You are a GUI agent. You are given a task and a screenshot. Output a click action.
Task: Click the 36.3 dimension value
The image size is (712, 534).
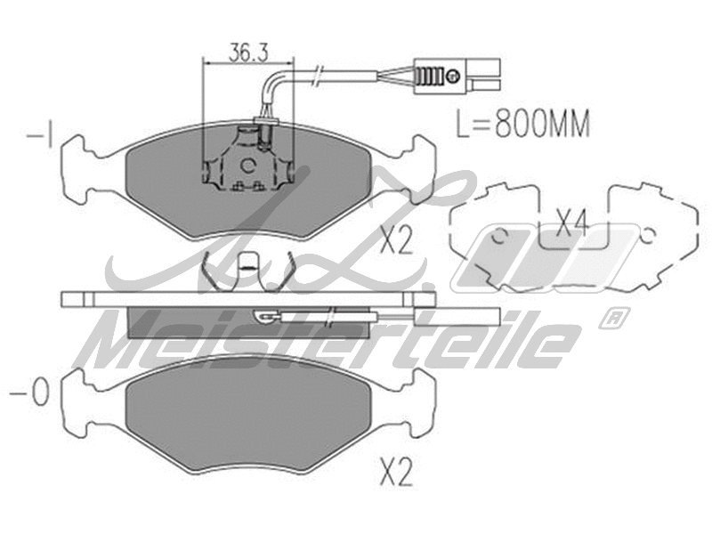point(249,52)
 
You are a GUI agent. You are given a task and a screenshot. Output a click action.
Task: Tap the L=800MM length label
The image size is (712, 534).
point(522,124)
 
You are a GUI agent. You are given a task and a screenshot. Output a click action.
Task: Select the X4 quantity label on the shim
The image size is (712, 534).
point(570,222)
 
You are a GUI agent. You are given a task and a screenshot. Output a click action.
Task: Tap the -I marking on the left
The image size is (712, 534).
point(41,136)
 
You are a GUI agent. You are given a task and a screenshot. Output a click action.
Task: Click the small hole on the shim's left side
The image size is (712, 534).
point(499,236)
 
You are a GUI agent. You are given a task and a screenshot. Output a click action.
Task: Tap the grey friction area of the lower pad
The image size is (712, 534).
point(249,418)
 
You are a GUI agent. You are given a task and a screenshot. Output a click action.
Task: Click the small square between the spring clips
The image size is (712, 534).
point(251,263)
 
